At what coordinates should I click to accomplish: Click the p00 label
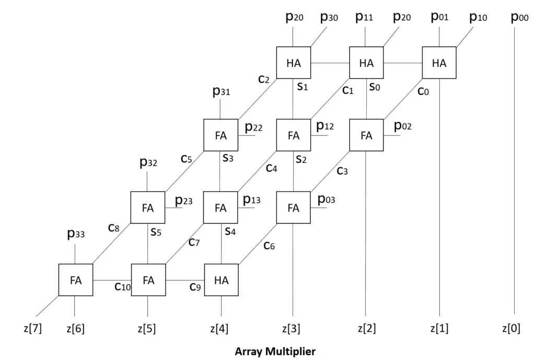[x=520, y=18]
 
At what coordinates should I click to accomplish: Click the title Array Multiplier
[x=275, y=351]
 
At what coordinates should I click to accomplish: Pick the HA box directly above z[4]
[x=221, y=280]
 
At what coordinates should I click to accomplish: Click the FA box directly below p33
[x=76, y=280]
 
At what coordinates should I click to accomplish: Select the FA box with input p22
[x=220, y=135]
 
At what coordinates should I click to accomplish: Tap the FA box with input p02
[x=366, y=135]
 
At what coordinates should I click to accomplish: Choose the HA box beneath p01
[x=439, y=63]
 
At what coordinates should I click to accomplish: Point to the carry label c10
[x=122, y=287]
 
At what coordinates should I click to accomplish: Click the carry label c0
[x=423, y=92]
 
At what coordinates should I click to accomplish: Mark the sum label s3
[x=228, y=157]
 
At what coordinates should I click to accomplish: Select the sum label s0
[x=374, y=87]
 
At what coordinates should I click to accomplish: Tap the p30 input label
[x=329, y=18]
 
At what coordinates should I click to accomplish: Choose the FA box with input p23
[x=148, y=207]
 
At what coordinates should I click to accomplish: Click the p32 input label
[x=148, y=163]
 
